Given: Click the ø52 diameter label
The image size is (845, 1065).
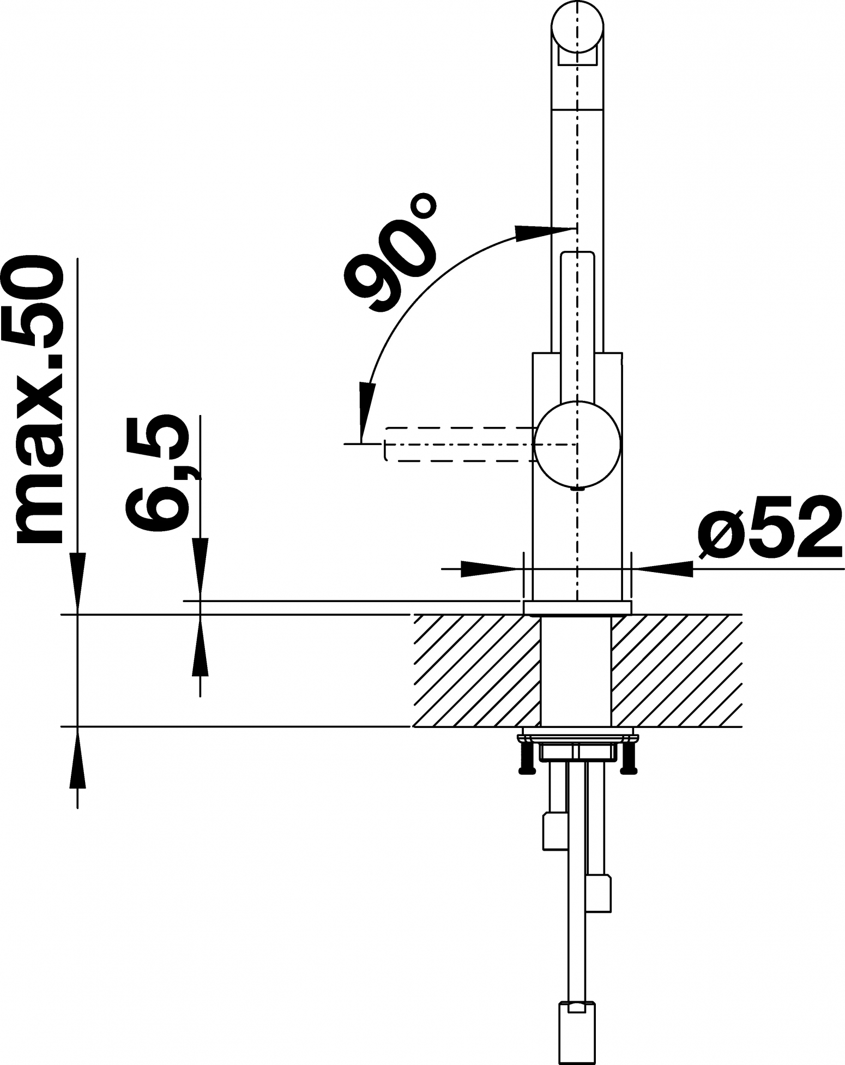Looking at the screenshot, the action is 770,527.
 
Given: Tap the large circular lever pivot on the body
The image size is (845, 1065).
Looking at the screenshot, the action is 578,444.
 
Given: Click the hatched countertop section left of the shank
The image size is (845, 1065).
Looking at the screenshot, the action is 478,670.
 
